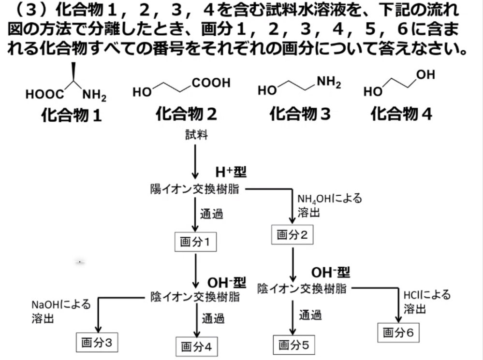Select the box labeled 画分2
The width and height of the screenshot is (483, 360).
pyautogui.click(x=292, y=235)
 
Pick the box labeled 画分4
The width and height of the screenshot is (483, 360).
pyautogui.click(x=196, y=346)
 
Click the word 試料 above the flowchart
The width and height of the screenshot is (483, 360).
pyautogui.click(x=196, y=135)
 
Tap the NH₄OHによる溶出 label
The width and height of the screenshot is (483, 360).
pyautogui.click(x=329, y=205)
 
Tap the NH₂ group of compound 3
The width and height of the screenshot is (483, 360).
pyautogui.click(x=328, y=83)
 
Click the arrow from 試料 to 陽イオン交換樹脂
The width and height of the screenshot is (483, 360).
pyautogui.click(x=195, y=160)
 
